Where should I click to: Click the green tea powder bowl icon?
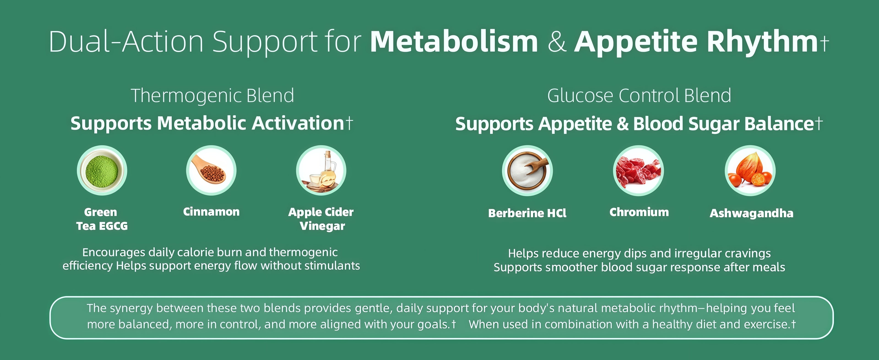(x=102, y=170)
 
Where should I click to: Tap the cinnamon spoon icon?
(x=211, y=170)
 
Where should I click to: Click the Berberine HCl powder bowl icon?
(x=527, y=170)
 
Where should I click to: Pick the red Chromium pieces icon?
(x=638, y=170)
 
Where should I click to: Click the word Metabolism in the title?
(x=454, y=42)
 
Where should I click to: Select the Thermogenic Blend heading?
(x=212, y=95)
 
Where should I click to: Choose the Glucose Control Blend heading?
(x=639, y=95)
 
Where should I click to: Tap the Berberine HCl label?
(x=527, y=213)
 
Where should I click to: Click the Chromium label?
(x=639, y=212)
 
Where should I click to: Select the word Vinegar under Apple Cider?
(x=323, y=226)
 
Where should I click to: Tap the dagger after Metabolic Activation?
(x=349, y=123)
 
